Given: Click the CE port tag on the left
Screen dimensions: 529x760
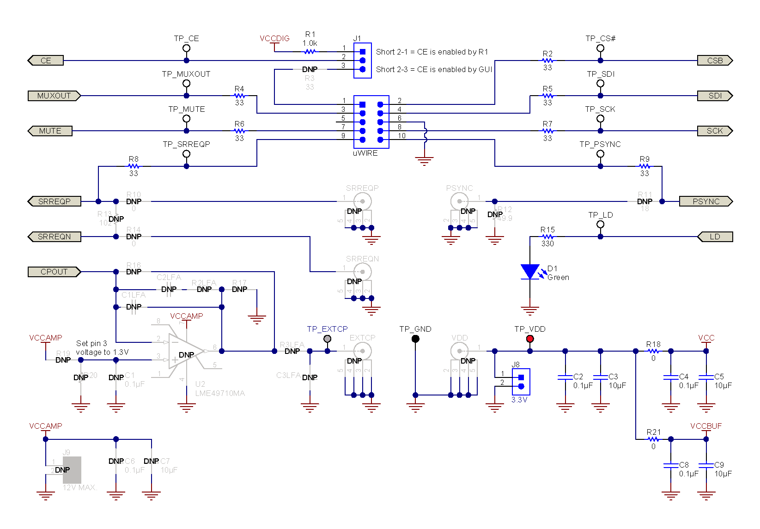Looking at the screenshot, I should pos(46,61).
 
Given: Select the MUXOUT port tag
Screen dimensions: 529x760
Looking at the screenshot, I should pos(54,96).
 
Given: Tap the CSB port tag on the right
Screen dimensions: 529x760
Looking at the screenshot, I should pos(715,61).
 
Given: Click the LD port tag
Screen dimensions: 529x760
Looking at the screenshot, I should pos(715,237).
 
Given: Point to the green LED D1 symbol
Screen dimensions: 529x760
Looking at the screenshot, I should pos(530,272).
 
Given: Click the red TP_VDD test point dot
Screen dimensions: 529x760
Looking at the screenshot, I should pos(530,339).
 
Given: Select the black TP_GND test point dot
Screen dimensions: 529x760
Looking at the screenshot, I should pos(415,339).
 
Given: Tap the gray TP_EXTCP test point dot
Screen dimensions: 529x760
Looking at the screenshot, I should pos(328,339).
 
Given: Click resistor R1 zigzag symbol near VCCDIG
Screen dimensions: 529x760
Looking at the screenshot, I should pos(310,52).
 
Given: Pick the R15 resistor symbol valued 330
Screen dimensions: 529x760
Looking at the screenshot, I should pos(547,237).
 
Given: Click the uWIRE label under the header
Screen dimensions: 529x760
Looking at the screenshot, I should pos(365,153).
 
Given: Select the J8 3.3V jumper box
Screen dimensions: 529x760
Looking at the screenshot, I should pos(521,382).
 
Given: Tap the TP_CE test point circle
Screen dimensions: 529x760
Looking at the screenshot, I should pos(186,48).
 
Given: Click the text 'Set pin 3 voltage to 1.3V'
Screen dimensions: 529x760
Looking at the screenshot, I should pos(102,348).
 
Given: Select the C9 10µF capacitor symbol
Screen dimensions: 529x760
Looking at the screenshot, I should pos(706,466).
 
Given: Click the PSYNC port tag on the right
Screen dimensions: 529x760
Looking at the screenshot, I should pos(705,201).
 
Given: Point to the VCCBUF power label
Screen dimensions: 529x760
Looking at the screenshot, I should pos(705,426).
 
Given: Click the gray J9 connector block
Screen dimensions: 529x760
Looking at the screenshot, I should pos(72,470).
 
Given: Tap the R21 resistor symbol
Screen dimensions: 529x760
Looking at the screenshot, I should pos(653,439).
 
